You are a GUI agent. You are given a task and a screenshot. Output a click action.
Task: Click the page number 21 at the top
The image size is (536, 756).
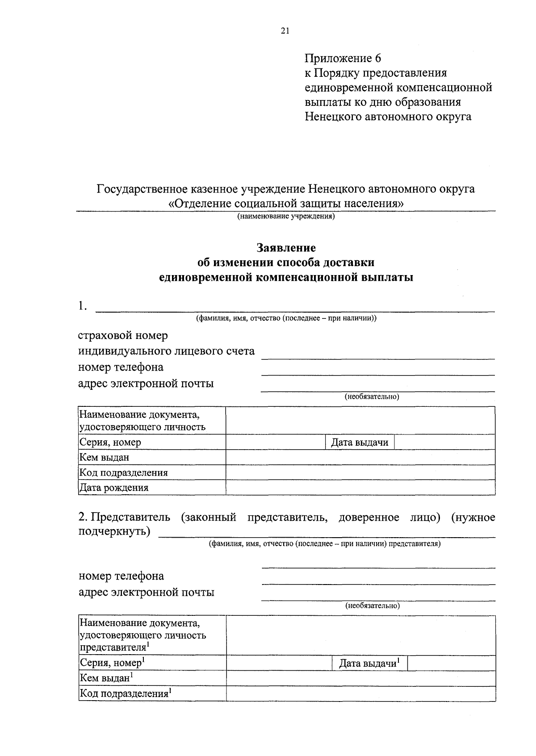click(285, 31)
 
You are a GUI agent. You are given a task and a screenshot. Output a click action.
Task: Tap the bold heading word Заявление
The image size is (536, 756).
click(286, 247)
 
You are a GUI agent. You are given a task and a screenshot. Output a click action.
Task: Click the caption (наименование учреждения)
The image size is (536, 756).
click(286, 217)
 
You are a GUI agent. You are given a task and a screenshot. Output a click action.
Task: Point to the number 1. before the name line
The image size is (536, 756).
click(82, 306)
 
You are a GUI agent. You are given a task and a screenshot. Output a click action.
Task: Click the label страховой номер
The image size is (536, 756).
click(123, 335)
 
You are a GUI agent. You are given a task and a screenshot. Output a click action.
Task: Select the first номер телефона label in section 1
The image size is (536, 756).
click(121, 367)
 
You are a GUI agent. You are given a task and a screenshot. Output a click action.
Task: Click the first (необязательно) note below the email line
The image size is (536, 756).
click(372, 397)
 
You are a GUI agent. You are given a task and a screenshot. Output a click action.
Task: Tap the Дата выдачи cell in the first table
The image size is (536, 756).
click(360, 443)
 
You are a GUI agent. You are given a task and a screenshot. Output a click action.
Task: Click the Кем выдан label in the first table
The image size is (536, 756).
click(104, 457)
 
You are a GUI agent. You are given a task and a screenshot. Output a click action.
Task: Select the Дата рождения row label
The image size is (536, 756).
click(113, 488)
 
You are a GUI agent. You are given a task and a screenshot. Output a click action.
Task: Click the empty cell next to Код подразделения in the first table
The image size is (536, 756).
click(360, 472)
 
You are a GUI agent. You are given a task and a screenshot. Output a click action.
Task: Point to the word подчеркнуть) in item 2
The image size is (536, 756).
click(114, 531)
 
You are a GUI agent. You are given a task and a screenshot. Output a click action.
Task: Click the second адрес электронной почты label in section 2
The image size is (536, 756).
click(146, 592)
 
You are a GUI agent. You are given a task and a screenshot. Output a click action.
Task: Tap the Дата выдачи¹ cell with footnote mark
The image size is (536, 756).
click(369, 663)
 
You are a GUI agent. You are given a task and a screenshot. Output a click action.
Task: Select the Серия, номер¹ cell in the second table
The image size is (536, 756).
click(112, 663)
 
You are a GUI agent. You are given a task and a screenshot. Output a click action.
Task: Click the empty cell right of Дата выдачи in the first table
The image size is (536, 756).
click(444, 443)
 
